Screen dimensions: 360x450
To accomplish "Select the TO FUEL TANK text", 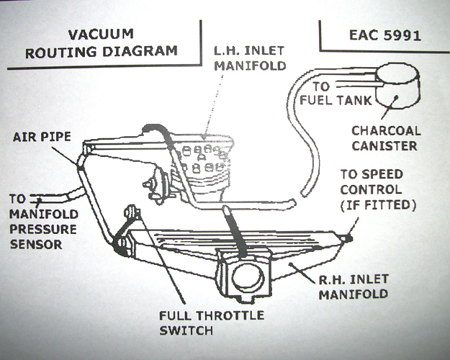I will click(x=332, y=93).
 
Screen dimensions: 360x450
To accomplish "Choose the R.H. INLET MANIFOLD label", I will click(x=354, y=287).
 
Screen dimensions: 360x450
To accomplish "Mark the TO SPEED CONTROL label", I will click(x=371, y=182).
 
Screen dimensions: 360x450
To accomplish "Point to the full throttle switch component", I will click(x=132, y=214).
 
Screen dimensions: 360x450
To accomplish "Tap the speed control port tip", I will click(x=349, y=235).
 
